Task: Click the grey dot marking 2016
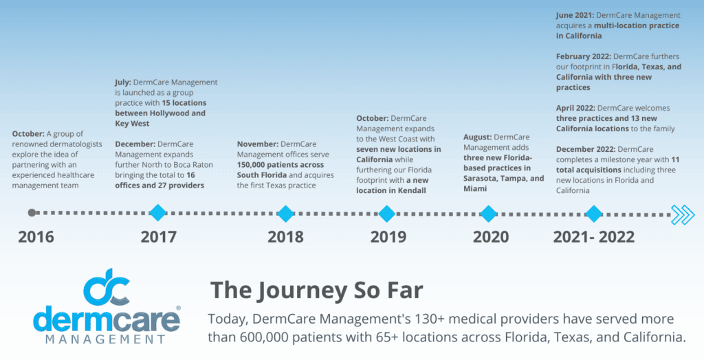pyautogui.click(x=32, y=213)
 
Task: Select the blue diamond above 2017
pyautogui.click(x=158, y=213)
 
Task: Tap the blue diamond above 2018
pyautogui.click(x=285, y=213)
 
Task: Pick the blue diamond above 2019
pyautogui.click(x=387, y=213)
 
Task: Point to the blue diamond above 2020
pyautogui.click(x=489, y=213)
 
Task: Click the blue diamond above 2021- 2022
pyautogui.click(x=593, y=213)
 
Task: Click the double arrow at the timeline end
pyautogui.click(x=683, y=214)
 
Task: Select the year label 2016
pyautogui.click(x=36, y=237)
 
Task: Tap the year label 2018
pyautogui.click(x=285, y=237)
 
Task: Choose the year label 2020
pyautogui.click(x=491, y=237)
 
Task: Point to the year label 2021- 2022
pyautogui.click(x=594, y=237)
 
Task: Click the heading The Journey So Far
pyautogui.click(x=316, y=289)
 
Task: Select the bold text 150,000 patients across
pyautogui.click(x=280, y=165)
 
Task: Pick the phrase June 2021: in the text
pyautogui.click(x=578, y=15)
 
